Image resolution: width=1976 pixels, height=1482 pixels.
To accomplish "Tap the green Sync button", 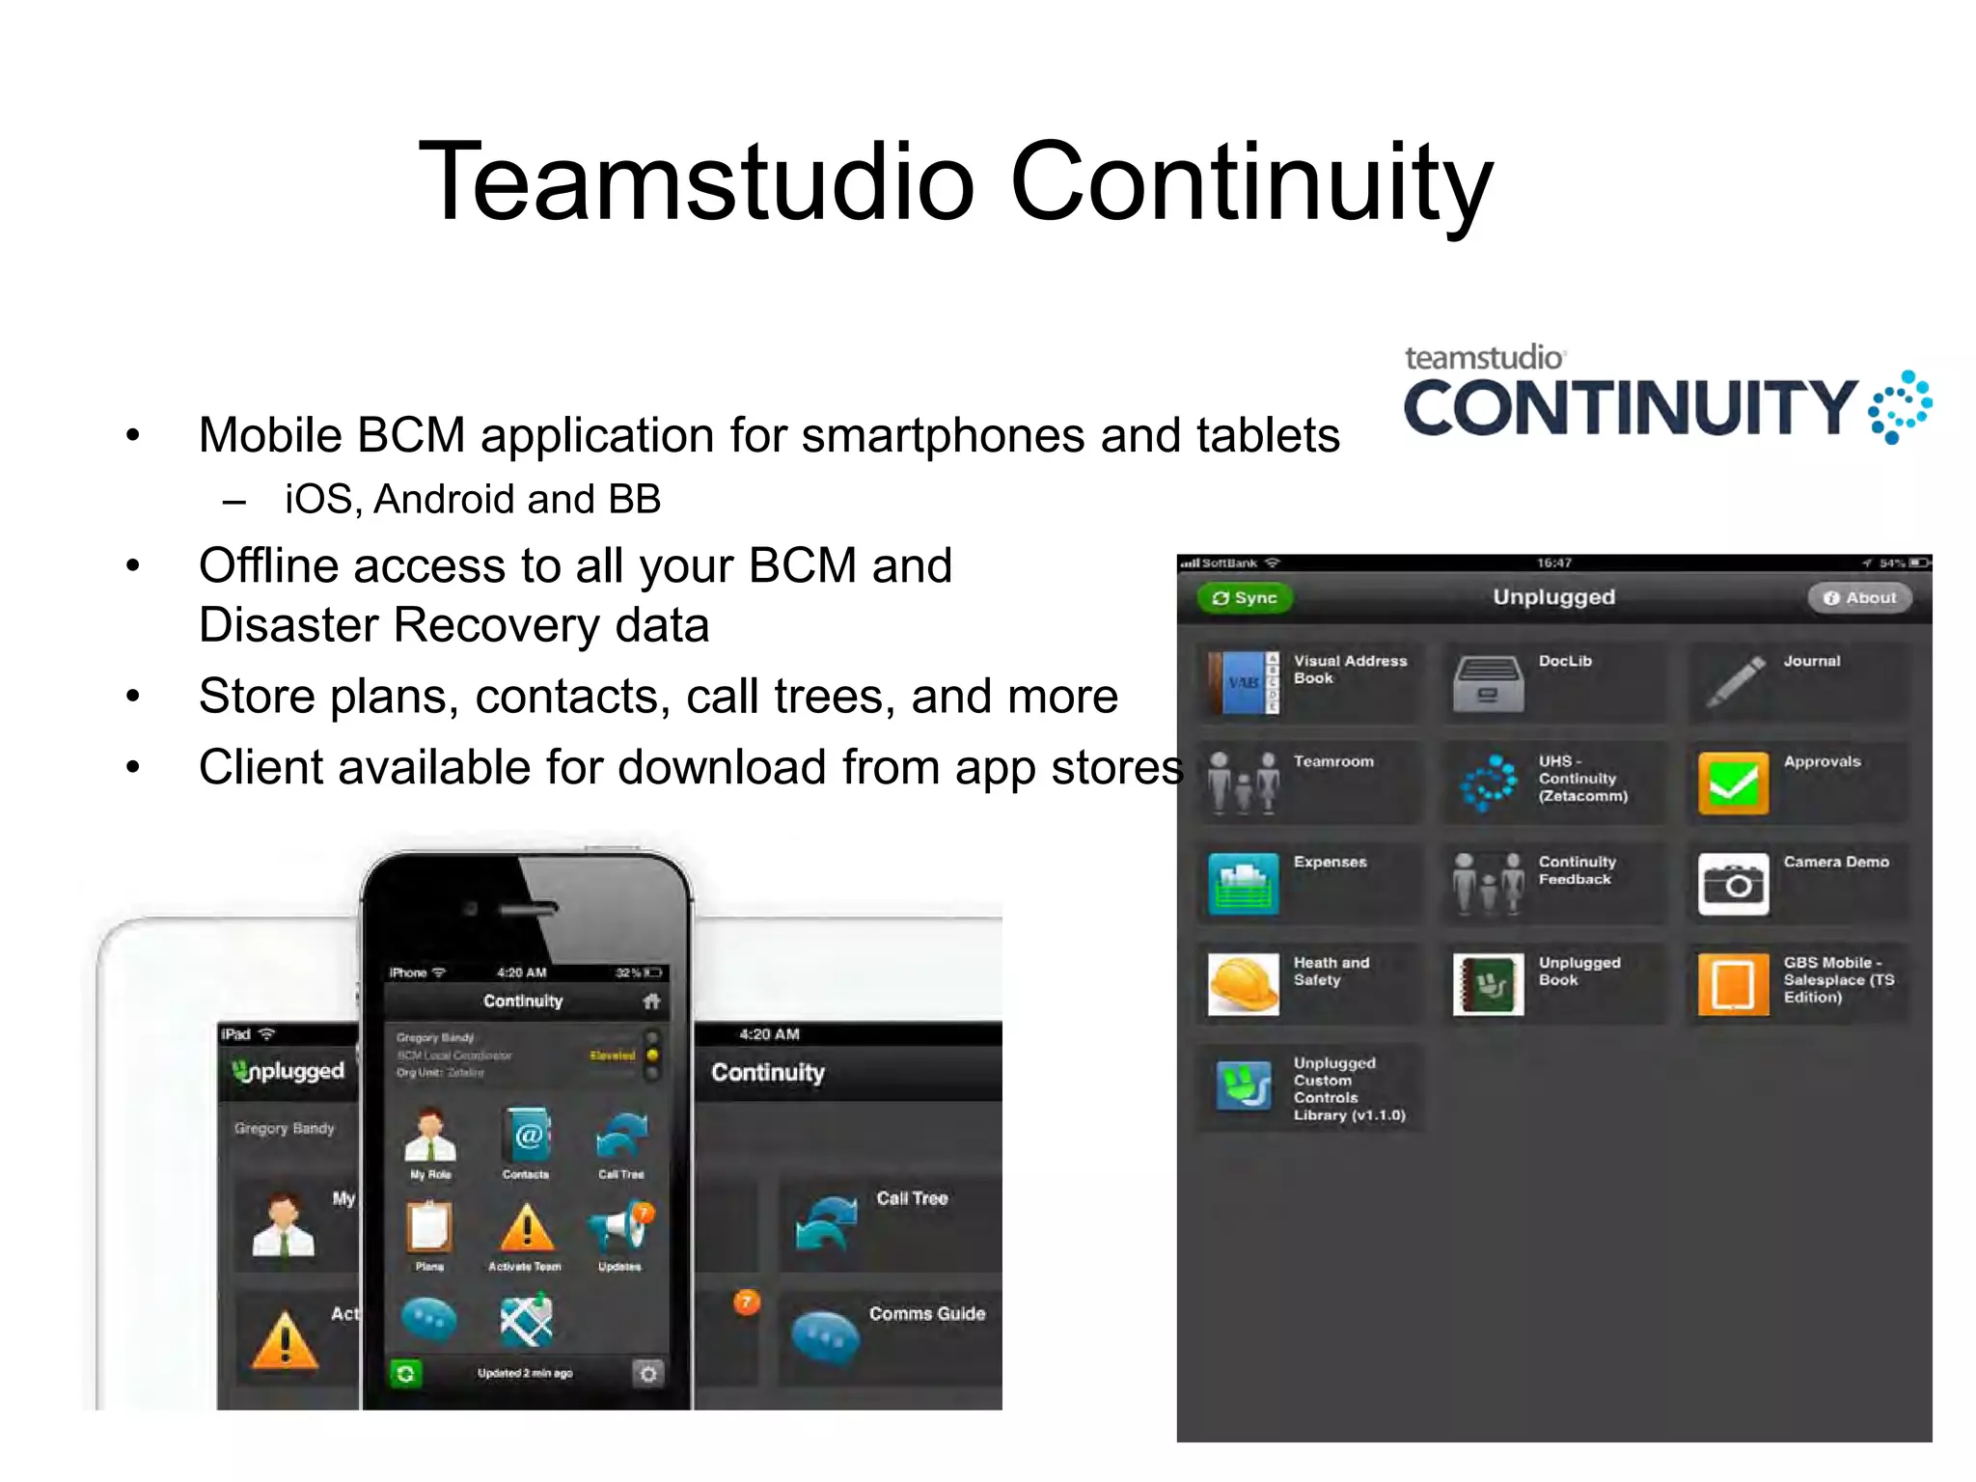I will pos(1245,598).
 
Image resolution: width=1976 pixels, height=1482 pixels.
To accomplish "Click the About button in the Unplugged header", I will pos(1859,598).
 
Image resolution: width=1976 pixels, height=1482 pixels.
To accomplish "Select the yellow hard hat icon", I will pos(1243,984).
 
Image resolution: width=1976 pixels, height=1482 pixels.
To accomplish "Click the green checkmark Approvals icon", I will pos(1733,783).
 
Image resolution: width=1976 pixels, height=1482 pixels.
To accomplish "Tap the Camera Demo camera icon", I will pos(1733,884).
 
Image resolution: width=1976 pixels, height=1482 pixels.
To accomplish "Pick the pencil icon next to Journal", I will pos(1735,681).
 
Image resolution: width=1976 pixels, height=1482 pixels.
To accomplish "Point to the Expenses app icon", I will pos(1243,884).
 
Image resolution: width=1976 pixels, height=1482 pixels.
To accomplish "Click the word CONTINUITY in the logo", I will pos(1630,407).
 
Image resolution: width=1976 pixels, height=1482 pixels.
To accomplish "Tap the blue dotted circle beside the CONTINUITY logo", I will pos(1899,407).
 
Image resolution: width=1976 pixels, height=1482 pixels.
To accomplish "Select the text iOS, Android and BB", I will pos(472,500).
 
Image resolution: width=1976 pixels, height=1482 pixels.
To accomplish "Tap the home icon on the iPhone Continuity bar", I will pos(652,1002).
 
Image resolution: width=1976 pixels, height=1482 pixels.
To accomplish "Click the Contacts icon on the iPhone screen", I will pos(527,1137).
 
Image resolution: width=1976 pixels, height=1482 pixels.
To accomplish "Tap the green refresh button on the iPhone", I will pos(406,1373).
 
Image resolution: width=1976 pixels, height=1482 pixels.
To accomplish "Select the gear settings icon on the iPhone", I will pos(648,1373).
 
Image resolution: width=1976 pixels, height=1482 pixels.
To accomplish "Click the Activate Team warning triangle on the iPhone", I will pos(527,1228).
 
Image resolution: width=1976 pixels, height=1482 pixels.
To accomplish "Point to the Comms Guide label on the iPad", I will pos(926,1314).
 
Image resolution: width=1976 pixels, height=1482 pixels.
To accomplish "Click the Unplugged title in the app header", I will pos(1553,597).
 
